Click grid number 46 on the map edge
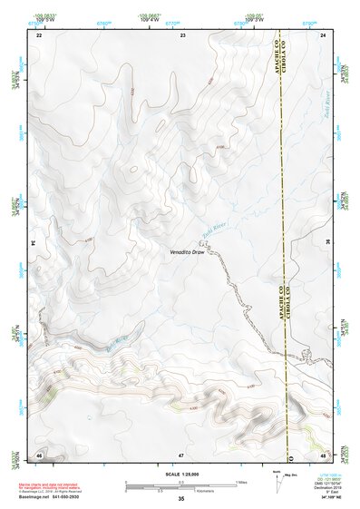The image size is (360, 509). click(x=39, y=454)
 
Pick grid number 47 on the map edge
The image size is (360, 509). click(x=181, y=454)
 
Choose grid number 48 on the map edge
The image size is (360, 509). click(x=324, y=454)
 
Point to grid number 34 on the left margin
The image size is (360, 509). click(x=36, y=244)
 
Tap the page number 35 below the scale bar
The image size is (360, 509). click(x=181, y=499)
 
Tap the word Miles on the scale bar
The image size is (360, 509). click(x=239, y=481)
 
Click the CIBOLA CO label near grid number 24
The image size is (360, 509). click(x=291, y=60)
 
